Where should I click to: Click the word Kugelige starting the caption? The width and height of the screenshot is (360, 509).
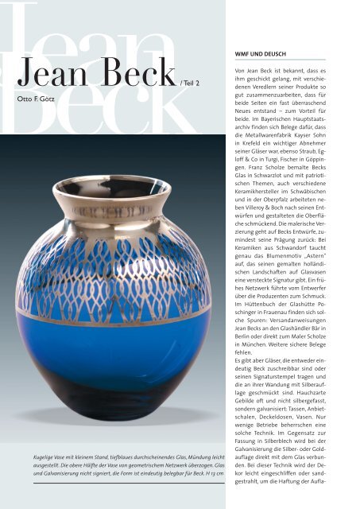click(38, 461)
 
